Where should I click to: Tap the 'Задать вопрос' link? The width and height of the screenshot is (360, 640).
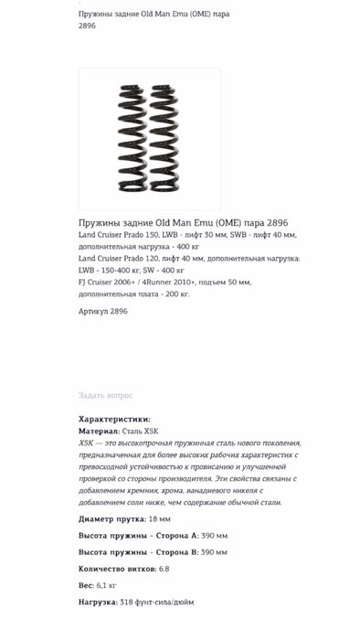105,395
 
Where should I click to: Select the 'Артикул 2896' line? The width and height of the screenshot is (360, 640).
103,311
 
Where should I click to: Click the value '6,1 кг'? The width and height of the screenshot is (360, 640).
106,585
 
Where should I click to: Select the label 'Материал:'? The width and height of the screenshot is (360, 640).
99,431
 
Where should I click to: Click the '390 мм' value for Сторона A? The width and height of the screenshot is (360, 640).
214,536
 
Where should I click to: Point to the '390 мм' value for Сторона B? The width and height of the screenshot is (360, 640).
214,552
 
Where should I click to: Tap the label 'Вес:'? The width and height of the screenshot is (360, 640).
86,585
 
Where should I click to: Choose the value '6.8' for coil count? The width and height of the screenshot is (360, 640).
164,569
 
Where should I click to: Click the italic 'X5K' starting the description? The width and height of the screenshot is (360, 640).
87,443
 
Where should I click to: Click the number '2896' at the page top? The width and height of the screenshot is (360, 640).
87,26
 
